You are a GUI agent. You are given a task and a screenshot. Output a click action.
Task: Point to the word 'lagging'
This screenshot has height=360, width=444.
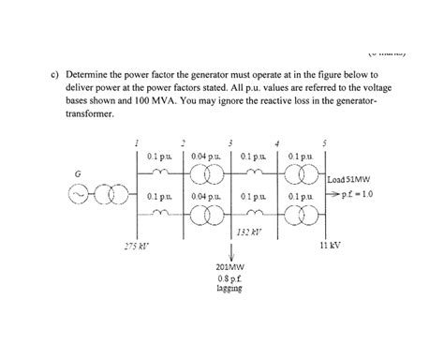(229, 290)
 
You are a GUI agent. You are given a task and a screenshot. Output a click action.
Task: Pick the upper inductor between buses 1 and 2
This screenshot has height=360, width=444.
(159, 172)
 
